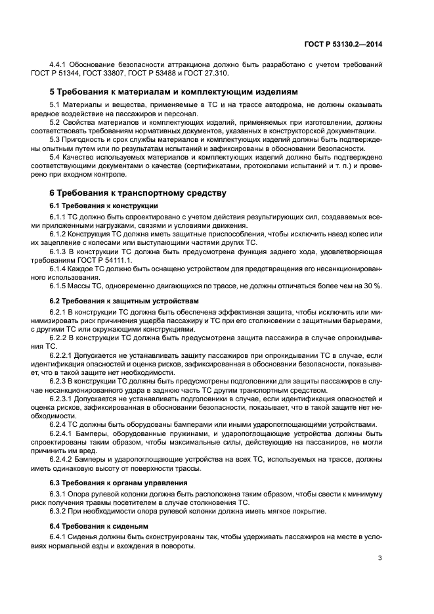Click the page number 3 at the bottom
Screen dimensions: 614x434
click(x=380, y=559)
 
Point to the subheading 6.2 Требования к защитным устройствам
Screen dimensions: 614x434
click(x=116, y=300)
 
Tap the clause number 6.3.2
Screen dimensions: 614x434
click(x=58, y=512)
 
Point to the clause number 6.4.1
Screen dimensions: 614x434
click(x=58, y=536)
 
